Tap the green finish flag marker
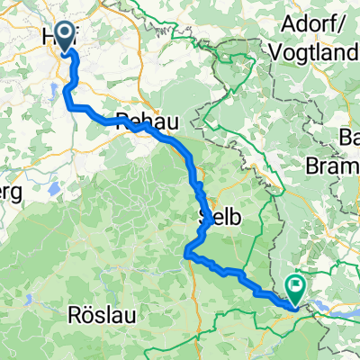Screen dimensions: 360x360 (294, 285)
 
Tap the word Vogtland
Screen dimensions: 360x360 (313, 53)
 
